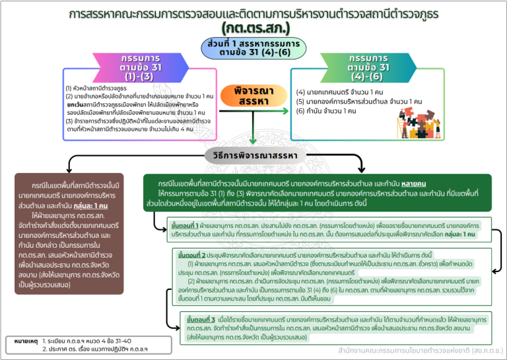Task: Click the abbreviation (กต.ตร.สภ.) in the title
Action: click(253, 28)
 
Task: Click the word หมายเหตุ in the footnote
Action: click(27, 341)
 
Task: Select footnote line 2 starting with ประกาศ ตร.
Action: click(90, 348)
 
